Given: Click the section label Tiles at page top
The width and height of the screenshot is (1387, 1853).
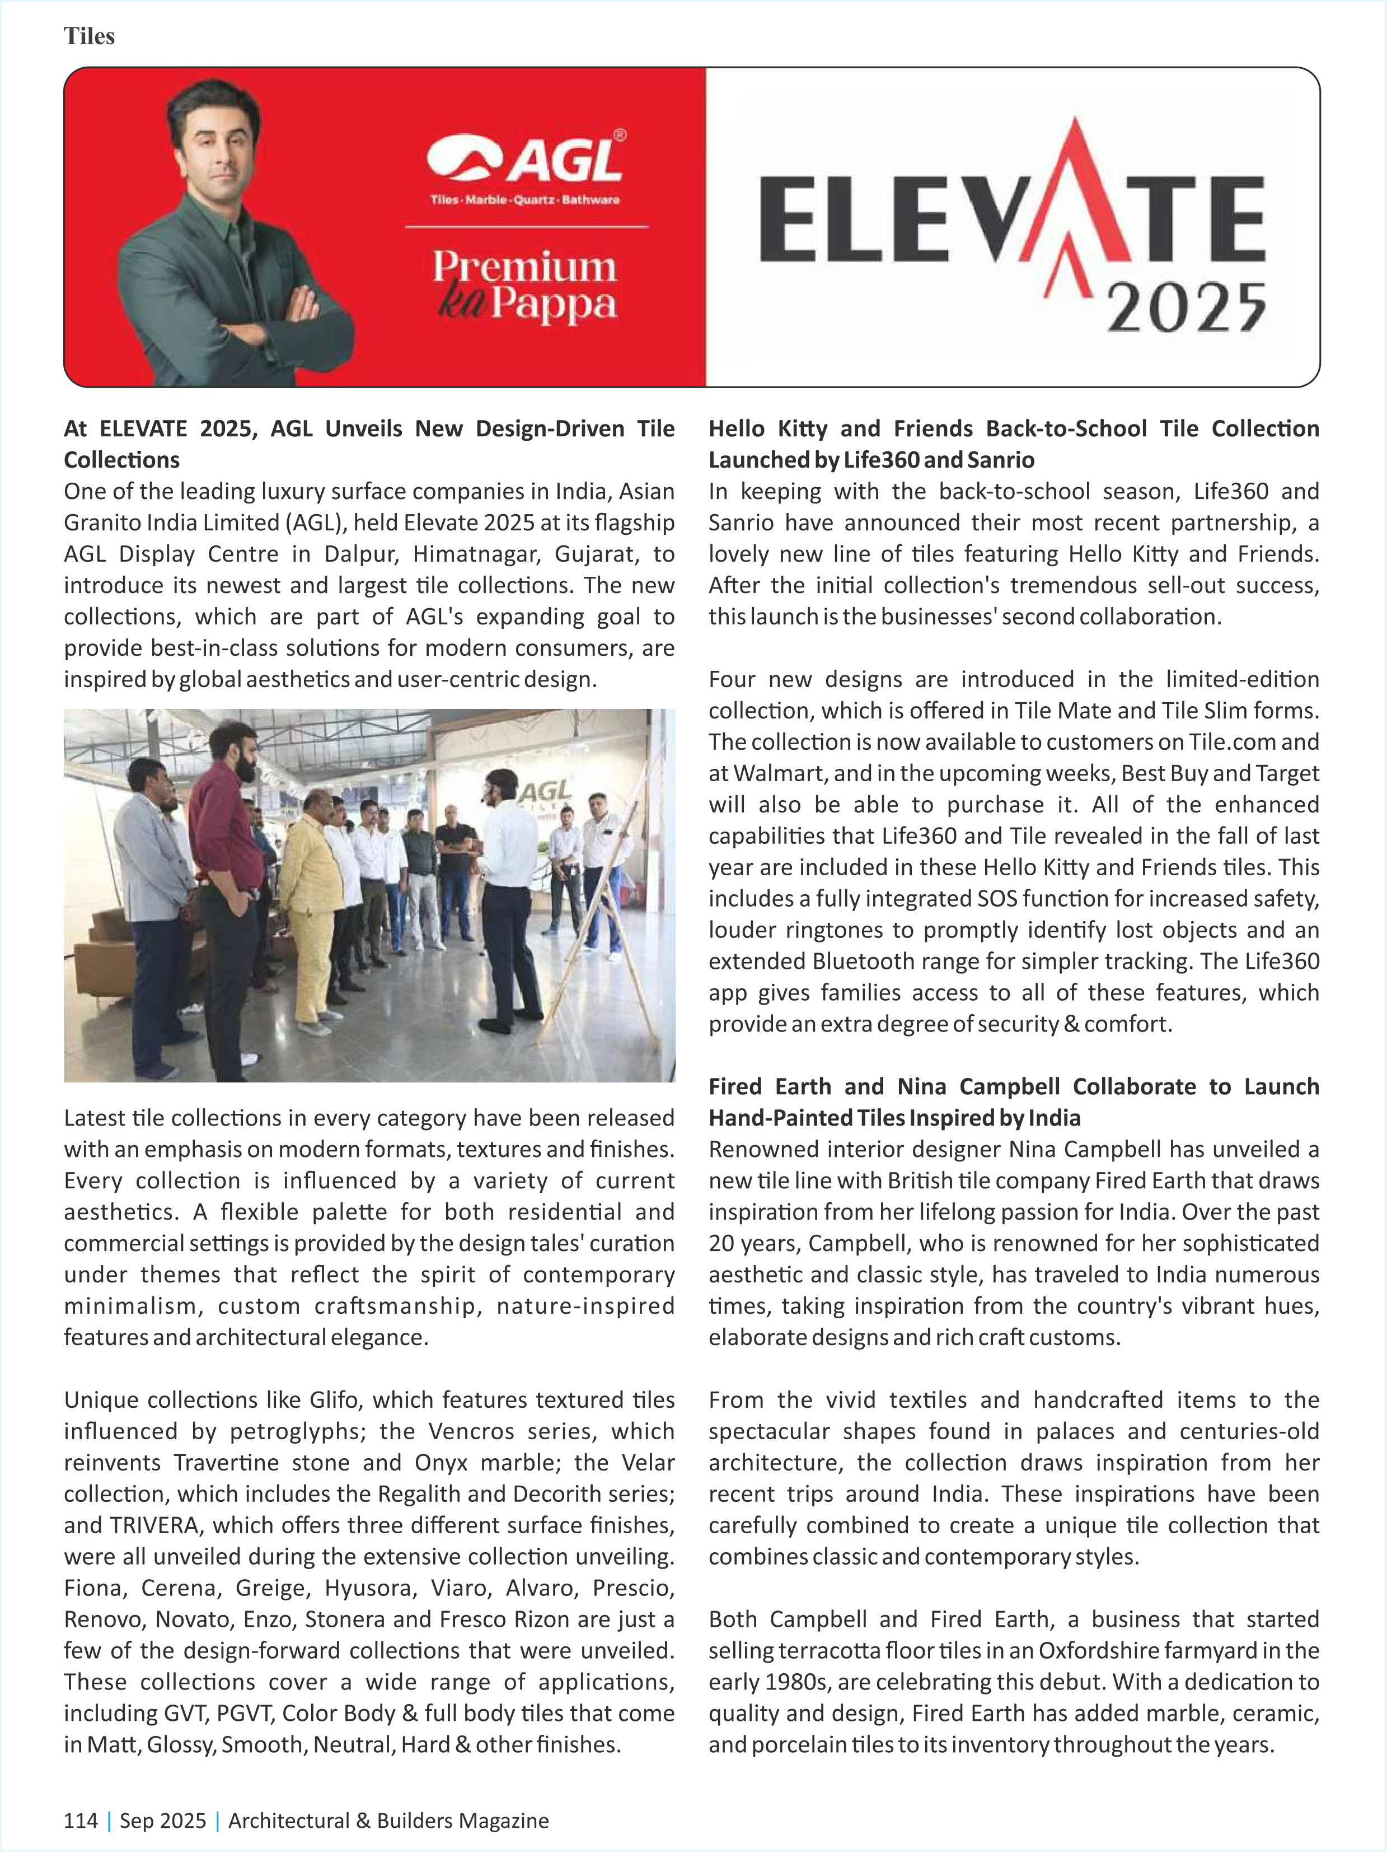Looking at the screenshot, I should pyautogui.click(x=89, y=36).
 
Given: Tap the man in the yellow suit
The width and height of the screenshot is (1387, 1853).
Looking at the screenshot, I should pyautogui.click(x=312, y=905).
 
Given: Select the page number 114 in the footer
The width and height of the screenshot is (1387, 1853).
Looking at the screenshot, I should pyautogui.click(x=81, y=1821).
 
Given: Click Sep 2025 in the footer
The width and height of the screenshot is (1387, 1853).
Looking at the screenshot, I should pyautogui.click(x=162, y=1821).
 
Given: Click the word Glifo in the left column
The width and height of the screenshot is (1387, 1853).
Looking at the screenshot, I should pyautogui.click(x=334, y=1400).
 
